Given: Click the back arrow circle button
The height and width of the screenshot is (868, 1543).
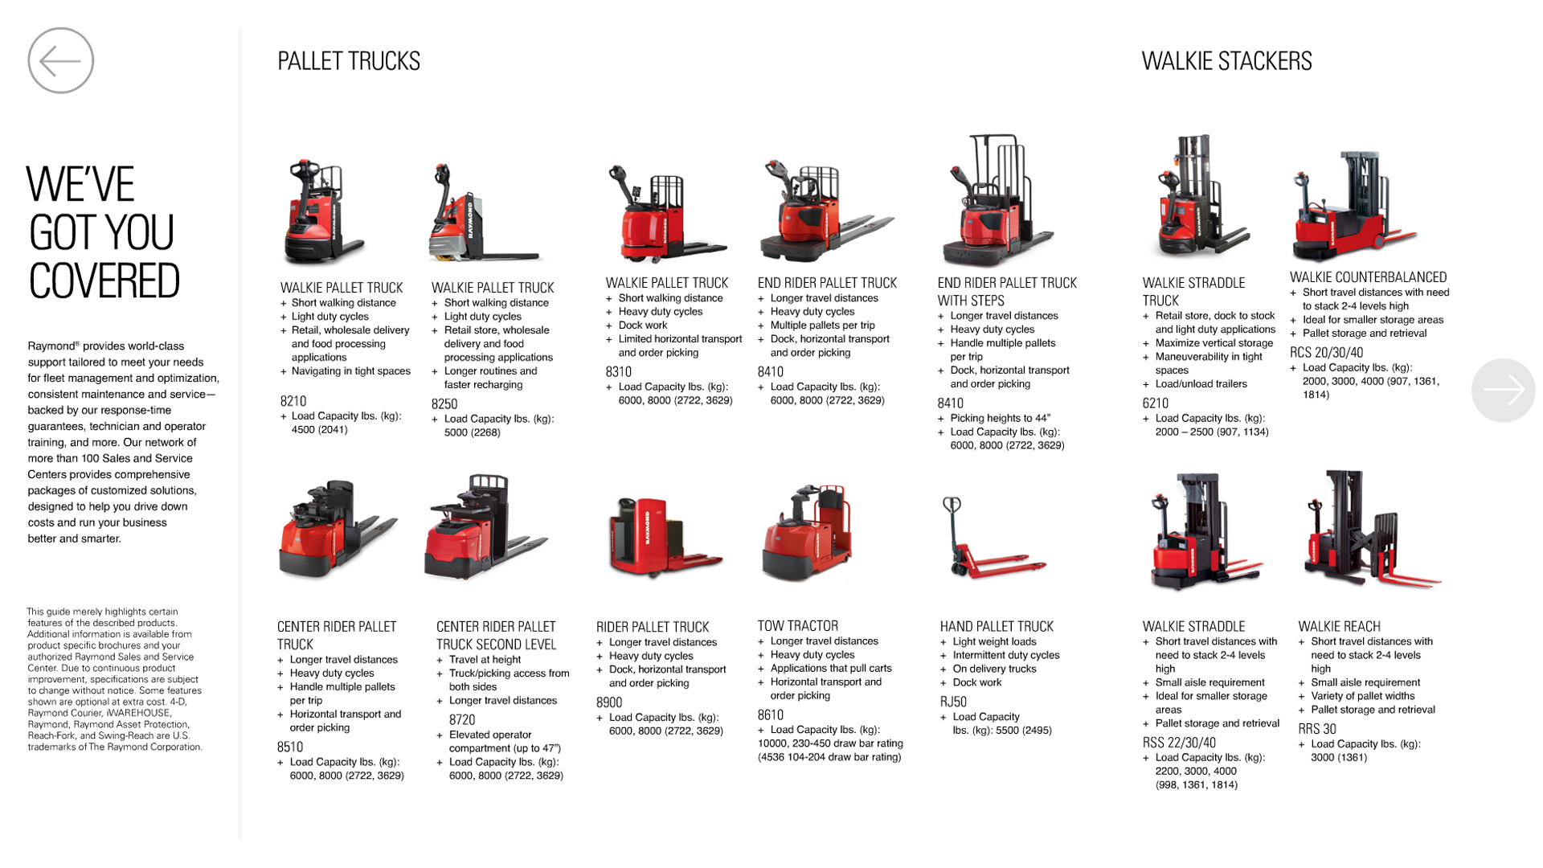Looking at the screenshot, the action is [61, 60].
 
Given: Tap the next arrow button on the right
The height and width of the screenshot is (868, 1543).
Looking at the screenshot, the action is [1503, 390].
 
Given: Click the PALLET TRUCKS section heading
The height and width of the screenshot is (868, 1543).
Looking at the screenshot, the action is [349, 61].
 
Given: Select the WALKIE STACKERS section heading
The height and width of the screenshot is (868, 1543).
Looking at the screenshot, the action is [1226, 61].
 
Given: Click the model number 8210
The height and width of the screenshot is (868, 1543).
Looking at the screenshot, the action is [293, 401].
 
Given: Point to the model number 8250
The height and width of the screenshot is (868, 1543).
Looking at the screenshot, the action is [444, 404].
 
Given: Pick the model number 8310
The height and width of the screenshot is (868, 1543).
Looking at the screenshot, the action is [619, 372].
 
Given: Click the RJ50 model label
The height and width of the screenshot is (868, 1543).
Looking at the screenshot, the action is [953, 702].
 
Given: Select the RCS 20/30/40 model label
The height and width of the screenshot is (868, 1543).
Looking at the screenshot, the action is [1327, 353].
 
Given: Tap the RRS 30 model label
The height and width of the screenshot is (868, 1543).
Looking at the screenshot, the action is [1317, 729].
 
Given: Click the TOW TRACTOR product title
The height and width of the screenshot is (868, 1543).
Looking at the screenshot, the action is [798, 626].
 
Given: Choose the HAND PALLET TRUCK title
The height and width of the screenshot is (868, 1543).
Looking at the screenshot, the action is [997, 627].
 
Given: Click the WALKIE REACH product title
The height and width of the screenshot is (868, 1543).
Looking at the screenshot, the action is [1340, 627].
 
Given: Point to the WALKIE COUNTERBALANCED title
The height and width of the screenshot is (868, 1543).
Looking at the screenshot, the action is [1369, 277].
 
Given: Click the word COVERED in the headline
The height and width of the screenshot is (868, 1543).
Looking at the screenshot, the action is [104, 281].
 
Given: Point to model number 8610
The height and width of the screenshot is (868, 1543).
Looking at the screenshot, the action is [771, 715].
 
